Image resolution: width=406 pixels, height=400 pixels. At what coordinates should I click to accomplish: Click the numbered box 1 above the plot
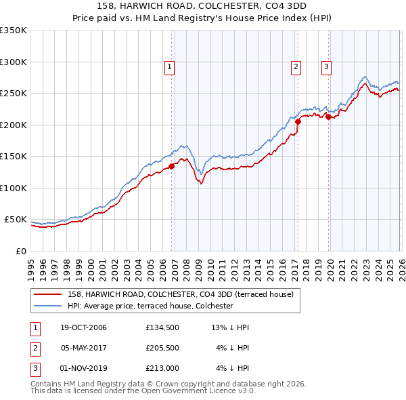[168, 66]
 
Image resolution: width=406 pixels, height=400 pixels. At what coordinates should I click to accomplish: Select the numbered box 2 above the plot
[296, 66]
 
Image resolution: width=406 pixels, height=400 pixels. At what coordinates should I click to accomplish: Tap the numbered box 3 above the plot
[326, 66]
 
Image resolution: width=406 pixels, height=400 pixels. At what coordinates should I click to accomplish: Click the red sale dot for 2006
[172, 165]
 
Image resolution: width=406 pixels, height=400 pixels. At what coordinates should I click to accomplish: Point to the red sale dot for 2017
[298, 121]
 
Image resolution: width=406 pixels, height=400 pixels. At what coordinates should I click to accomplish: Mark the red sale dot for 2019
[328, 117]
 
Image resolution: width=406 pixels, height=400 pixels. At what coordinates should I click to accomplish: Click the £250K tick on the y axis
[14, 94]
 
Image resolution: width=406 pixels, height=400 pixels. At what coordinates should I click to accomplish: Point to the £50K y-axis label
[16, 220]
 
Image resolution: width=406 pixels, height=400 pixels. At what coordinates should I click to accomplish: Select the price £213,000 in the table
[162, 369]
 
